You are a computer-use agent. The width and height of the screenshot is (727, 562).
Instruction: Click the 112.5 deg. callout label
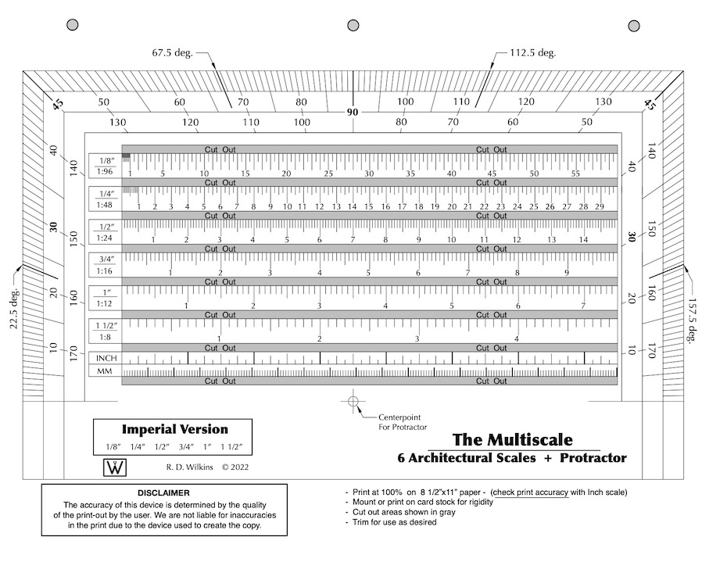pyautogui.click(x=532, y=53)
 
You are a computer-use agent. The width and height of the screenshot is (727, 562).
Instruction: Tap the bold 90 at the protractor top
pyautogui.click(x=353, y=113)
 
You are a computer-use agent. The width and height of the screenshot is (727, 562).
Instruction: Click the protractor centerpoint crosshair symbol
pyautogui.click(x=353, y=401)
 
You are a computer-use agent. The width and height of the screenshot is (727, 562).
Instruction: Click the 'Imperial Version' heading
pyautogui.click(x=174, y=429)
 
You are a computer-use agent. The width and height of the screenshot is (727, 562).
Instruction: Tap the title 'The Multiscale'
pyautogui.click(x=512, y=440)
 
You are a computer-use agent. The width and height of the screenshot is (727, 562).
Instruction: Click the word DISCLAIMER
pyautogui.click(x=163, y=493)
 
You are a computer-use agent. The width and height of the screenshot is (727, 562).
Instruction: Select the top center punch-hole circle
pyautogui.click(x=353, y=26)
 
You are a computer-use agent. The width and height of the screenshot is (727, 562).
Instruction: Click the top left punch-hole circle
pyautogui.click(x=73, y=26)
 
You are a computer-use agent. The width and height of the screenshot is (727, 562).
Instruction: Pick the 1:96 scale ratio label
pyautogui.click(x=105, y=172)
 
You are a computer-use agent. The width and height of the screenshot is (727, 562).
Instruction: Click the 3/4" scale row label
pyautogui.click(x=106, y=259)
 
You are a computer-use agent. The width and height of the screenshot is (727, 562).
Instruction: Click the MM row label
pyautogui.click(x=104, y=372)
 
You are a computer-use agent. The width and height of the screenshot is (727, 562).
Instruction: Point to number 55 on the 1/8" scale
pyautogui.click(x=575, y=174)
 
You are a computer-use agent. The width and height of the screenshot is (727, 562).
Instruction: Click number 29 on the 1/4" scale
pyautogui.click(x=600, y=206)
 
